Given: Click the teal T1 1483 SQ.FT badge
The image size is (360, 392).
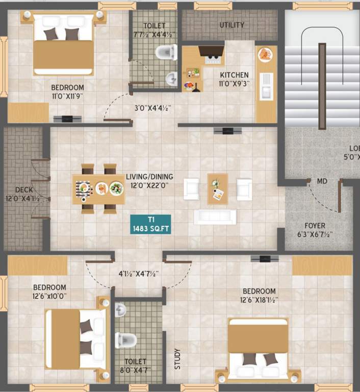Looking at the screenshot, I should [x=150, y=225].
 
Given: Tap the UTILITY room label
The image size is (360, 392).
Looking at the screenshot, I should [x=232, y=24].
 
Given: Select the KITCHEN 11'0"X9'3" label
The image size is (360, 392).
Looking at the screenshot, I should [x=234, y=79].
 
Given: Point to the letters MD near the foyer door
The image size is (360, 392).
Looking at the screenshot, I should [x=322, y=182].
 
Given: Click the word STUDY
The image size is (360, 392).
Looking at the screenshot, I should [x=176, y=358].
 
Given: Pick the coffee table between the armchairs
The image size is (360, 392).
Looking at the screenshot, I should [x=217, y=188].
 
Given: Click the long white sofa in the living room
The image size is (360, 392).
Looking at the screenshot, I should [x=215, y=216].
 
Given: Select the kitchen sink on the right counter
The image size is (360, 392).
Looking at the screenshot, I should [x=266, y=85].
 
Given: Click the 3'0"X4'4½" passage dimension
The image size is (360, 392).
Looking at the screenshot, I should [x=152, y=108].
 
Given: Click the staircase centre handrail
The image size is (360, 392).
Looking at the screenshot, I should [x=322, y=86].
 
